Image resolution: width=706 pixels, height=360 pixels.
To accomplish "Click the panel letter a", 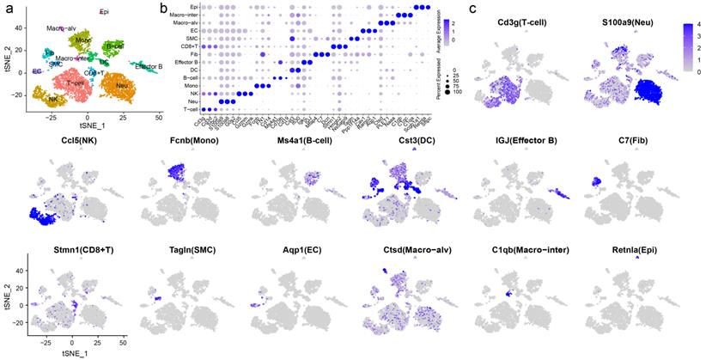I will coord(9,10).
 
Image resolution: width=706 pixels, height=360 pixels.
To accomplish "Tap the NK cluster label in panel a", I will coord(40,98).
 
